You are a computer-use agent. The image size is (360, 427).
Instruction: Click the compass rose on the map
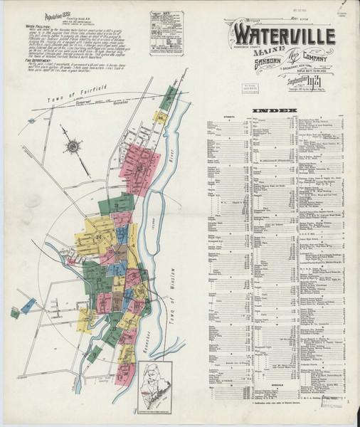(73, 147)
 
